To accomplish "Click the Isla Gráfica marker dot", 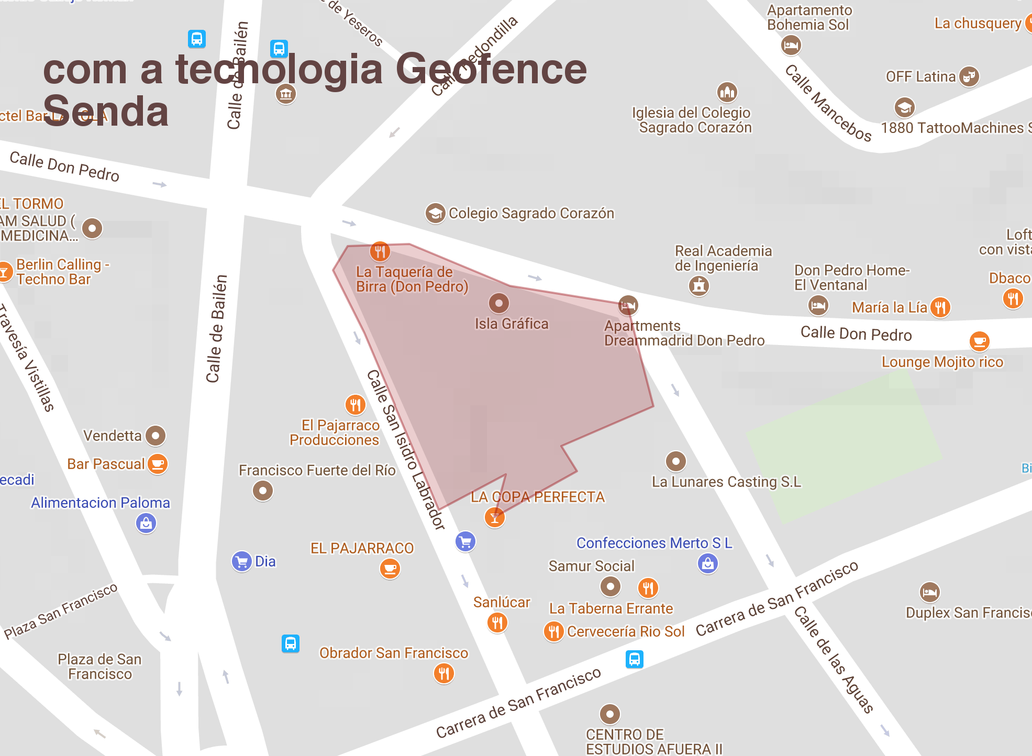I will tap(498, 303).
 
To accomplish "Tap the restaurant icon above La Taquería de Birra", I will tap(380, 251).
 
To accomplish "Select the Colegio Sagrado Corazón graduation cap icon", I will tap(435, 213).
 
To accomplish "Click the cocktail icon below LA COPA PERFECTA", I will tap(494, 517).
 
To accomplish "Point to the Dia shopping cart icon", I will tap(241, 562).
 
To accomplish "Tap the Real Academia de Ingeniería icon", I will tap(699, 286).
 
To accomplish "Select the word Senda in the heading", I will tap(105, 112).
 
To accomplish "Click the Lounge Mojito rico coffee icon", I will tap(979, 341).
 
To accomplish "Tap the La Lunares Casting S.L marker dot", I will tap(675, 461).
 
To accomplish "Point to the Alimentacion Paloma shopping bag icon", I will tap(146, 523).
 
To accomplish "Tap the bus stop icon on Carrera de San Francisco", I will tap(634, 659).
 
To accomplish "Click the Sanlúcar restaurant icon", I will tap(497, 622).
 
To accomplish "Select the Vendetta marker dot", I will tap(156, 435).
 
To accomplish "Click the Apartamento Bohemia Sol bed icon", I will tap(791, 46).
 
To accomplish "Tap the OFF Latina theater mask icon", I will tap(969, 76).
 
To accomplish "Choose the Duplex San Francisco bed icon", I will tap(930, 592).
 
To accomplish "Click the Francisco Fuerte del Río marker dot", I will tap(263, 491).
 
